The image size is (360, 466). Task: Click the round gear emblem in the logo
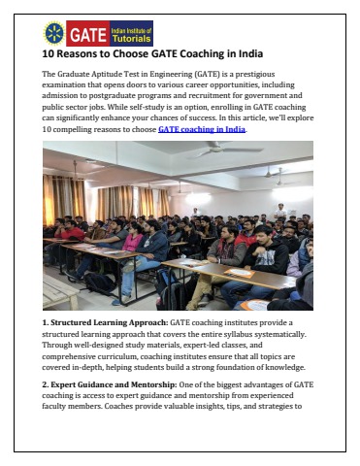coord(54,33)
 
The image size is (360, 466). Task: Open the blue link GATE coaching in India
coord(202,128)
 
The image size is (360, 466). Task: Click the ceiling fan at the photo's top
coord(222,150)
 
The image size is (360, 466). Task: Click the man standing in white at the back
coord(279,210)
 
